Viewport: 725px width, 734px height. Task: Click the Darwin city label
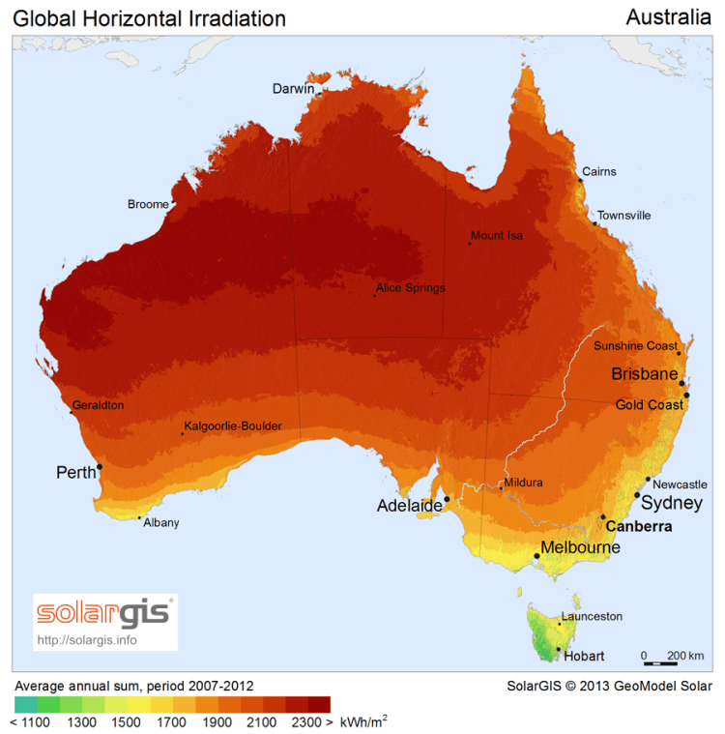tap(293, 89)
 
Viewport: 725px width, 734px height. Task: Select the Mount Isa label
tap(497, 235)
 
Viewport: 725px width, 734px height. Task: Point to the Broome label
tap(147, 204)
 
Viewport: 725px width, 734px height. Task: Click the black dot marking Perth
tap(100, 466)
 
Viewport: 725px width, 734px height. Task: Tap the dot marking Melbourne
tap(536, 555)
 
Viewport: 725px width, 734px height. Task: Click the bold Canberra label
tap(638, 527)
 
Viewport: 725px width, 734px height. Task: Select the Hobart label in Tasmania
tap(584, 656)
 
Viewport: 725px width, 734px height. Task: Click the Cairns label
tap(598, 172)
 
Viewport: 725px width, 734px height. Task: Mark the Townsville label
tap(623, 216)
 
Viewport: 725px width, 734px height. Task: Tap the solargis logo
tap(105, 613)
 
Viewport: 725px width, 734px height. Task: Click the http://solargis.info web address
tap(87, 639)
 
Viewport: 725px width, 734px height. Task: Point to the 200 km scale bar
tap(661, 662)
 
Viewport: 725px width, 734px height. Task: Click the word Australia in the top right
tap(668, 17)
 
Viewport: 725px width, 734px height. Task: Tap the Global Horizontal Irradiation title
tap(149, 18)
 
